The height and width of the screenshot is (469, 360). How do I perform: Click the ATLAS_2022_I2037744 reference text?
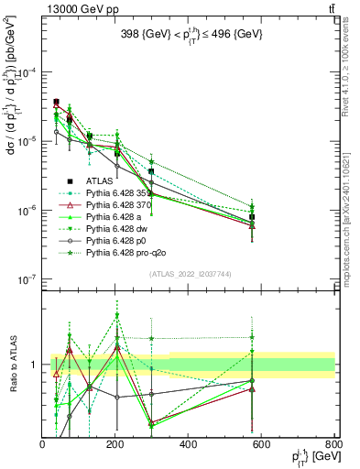(x=189, y=274)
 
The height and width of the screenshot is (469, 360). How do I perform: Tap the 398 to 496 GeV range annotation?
(x=189, y=34)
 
